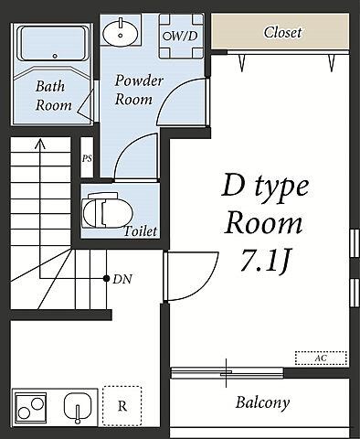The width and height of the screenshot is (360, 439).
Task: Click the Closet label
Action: click(x=282, y=32)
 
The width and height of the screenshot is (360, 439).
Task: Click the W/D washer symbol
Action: click(x=182, y=36)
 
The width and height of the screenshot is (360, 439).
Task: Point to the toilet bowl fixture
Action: click(x=108, y=210)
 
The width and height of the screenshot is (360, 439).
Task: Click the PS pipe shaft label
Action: click(x=87, y=158)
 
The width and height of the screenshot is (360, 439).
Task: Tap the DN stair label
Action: click(x=122, y=279)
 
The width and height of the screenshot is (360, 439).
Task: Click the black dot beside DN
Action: click(x=106, y=278)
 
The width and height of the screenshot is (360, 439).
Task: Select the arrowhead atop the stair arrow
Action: click(x=39, y=144)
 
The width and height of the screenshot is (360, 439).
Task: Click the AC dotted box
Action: click(x=321, y=358)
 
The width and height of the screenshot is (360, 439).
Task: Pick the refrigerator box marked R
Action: click(x=122, y=406)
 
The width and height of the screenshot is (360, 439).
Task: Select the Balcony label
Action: click(x=262, y=402)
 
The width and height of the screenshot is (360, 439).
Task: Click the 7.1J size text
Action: click(x=264, y=260)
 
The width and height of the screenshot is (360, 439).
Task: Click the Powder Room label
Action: click(x=139, y=91)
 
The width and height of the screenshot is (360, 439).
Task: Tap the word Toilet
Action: click(x=141, y=231)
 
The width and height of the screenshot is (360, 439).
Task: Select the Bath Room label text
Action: click(x=54, y=96)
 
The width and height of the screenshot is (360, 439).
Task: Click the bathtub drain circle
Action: click(x=55, y=56)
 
